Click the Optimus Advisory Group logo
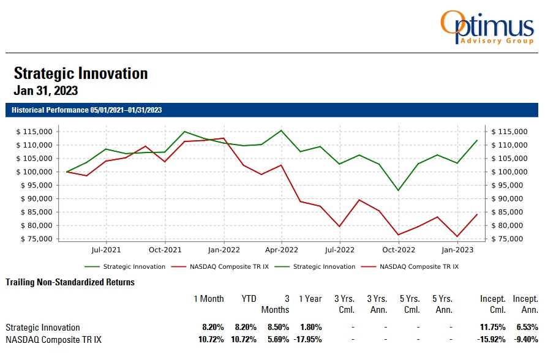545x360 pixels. [486, 28]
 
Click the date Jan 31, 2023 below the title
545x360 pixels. [46, 91]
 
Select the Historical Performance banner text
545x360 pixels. [86, 110]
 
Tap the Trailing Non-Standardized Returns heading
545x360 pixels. [70, 282]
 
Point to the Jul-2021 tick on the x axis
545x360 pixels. [107, 250]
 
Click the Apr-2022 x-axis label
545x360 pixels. [282, 250]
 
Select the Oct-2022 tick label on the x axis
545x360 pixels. [399, 250]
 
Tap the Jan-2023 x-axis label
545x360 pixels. [457, 250]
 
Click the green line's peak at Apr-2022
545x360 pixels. [282, 130]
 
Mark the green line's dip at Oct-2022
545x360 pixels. [399, 190]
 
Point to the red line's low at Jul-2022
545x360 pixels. [340, 227]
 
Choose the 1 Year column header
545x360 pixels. [310, 299]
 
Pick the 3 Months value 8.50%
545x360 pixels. [277, 328]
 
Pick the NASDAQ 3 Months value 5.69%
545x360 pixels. [277, 339]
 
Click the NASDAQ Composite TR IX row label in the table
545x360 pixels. [53, 339]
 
